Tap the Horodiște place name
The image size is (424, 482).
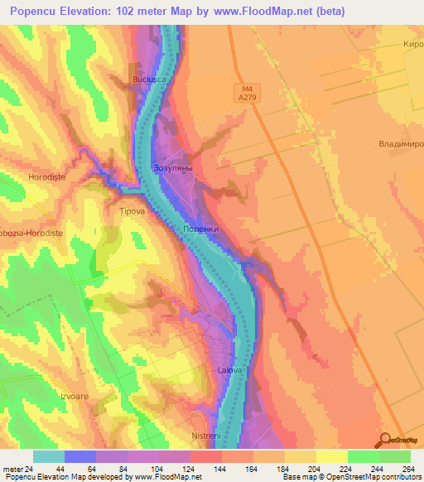22,177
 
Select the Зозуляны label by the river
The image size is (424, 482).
173,168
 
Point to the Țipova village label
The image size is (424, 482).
132,211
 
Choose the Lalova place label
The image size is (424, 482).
229,370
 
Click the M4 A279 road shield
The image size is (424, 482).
248,91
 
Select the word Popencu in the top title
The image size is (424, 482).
38,12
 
